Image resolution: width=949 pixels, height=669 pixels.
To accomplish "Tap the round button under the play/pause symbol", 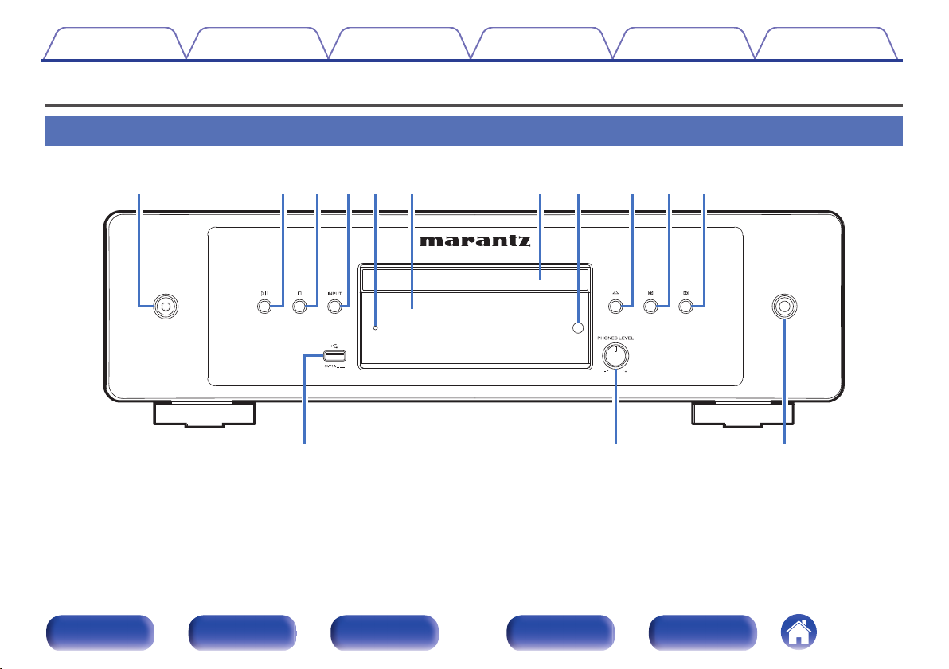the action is pyautogui.click(x=264, y=306).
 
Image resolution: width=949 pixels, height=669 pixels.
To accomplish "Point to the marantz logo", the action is pyautogui.click(x=476, y=241).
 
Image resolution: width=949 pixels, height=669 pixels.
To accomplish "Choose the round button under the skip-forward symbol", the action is pyautogui.click(x=685, y=306).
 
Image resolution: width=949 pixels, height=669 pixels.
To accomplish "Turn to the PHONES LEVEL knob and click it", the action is pyautogui.click(x=615, y=355).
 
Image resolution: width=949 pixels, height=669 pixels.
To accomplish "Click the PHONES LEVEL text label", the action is pyautogui.click(x=615, y=338).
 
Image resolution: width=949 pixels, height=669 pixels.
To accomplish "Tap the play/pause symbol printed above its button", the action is pyautogui.click(x=264, y=293).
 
